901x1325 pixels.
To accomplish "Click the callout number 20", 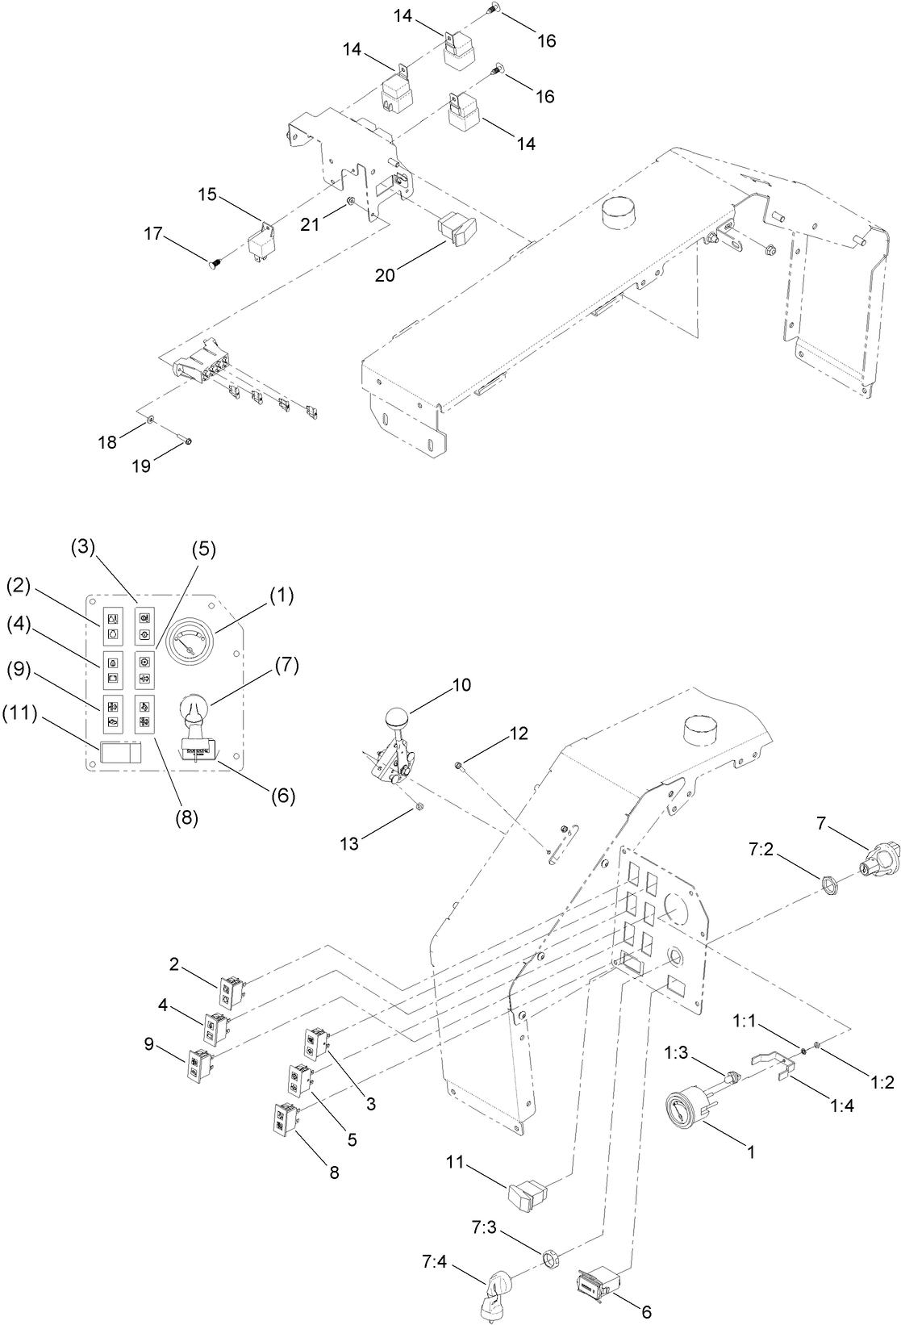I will click(385, 275).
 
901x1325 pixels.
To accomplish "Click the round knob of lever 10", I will click(397, 718).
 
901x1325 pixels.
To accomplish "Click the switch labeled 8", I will click(286, 1119).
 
